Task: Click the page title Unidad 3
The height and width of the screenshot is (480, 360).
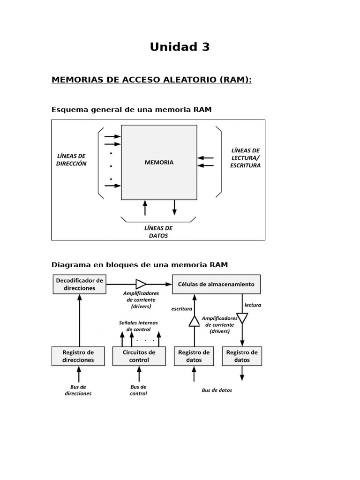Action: (x=180, y=47)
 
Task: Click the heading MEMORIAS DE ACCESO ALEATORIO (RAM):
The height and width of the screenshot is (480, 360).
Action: (x=151, y=80)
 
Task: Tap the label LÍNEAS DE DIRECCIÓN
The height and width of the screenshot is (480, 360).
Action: (x=71, y=160)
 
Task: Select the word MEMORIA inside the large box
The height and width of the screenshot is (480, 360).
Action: (x=159, y=163)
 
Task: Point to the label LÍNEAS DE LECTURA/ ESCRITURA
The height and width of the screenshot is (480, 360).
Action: (x=245, y=158)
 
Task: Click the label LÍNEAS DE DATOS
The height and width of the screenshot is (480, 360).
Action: (x=158, y=232)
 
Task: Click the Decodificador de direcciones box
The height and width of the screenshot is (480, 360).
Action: (x=79, y=284)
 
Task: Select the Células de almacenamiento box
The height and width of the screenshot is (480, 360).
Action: (x=216, y=284)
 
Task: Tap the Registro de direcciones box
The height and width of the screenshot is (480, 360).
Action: (x=78, y=356)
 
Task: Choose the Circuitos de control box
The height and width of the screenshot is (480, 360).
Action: (x=139, y=356)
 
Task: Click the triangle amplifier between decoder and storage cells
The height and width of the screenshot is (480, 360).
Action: (x=141, y=284)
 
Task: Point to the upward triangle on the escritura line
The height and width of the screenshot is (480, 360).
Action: (x=194, y=321)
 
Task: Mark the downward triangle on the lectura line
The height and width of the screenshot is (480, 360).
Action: (x=242, y=319)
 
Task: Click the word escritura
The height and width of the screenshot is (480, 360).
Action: (x=182, y=309)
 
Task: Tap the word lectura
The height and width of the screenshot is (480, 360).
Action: (x=253, y=305)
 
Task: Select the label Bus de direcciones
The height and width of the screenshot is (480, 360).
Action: (x=78, y=390)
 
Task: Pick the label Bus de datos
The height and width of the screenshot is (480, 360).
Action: (x=217, y=390)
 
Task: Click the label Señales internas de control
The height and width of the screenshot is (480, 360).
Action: (x=139, y=326)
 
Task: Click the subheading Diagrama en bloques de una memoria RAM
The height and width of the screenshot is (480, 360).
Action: (x=139, y=265)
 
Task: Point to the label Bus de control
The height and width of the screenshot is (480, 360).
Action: (x=138, y=390)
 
